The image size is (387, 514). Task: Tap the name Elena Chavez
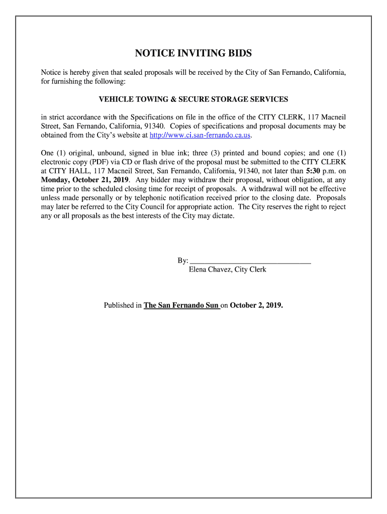click(211, 270)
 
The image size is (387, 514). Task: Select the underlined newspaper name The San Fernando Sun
click(181, 305)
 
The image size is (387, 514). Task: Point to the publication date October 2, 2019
click(256, 305)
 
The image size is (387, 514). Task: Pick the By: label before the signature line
click(182, 261)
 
